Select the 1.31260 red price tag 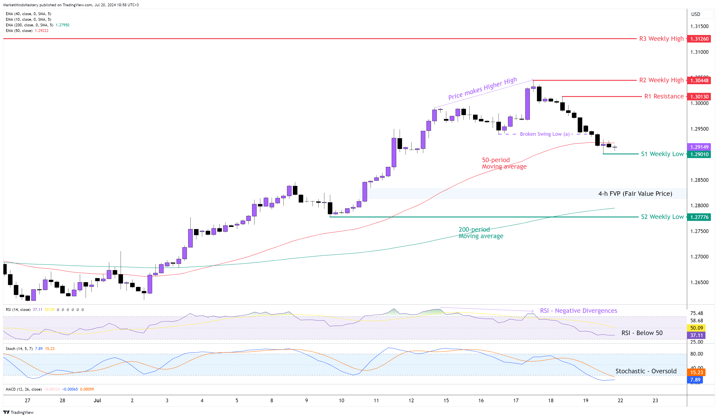699,39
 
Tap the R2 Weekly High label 661,80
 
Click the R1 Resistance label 664,96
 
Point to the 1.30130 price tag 699,97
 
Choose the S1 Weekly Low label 662,154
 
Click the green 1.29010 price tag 699,154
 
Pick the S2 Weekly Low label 662,217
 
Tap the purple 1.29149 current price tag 699,147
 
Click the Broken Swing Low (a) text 544,134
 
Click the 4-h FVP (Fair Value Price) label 635,194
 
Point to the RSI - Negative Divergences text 578,310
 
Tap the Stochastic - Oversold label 646,371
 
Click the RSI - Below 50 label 642,333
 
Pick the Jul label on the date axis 97,400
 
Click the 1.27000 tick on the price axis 699,257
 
